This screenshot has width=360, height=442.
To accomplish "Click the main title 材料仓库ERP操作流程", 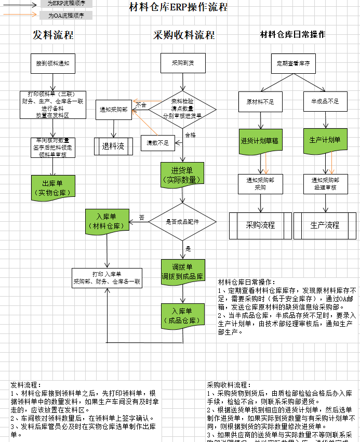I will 178,7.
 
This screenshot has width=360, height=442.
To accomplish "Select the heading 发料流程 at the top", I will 53,35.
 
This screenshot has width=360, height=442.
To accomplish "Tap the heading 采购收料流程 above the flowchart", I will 184,35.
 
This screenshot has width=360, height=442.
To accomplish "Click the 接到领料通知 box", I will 53,63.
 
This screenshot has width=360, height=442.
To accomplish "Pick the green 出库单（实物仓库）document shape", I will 52,187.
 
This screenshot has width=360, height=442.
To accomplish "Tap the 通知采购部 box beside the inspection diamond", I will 114,110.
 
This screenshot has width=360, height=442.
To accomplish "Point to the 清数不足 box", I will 157,143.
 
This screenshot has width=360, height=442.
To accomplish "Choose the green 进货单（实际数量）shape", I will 182,174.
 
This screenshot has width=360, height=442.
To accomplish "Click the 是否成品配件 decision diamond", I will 182,222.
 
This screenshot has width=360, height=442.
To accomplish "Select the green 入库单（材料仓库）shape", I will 106,221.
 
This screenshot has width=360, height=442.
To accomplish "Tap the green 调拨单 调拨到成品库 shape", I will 182,272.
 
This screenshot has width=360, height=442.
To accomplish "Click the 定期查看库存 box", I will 293,63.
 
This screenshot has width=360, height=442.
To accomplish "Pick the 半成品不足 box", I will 325,102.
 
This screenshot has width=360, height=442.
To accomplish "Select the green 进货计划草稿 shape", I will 260,141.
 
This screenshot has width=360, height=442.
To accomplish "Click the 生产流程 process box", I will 325,225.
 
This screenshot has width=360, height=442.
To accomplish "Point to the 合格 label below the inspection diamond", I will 191,135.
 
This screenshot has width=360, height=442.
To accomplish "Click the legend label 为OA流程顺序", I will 65,16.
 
